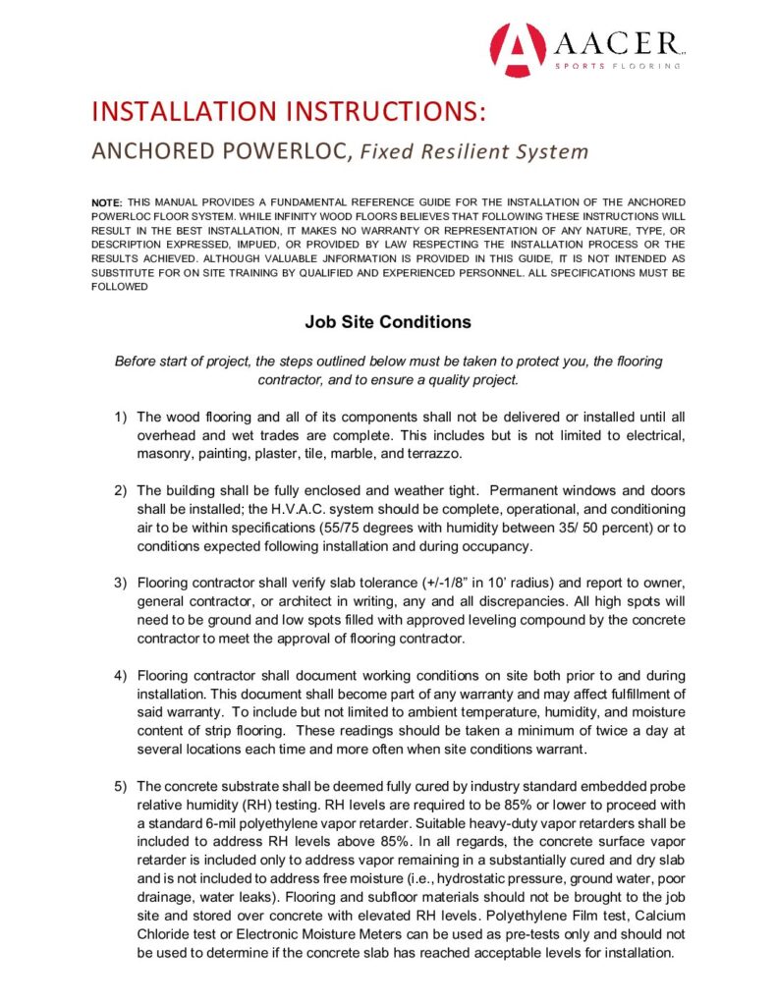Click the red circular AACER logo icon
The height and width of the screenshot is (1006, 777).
(517, 49)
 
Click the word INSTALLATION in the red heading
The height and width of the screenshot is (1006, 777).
(171, 110)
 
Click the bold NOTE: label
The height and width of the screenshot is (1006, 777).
(107, 201)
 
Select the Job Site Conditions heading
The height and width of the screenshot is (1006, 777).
(388, 322)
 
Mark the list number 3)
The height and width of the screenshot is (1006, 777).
(121, 583)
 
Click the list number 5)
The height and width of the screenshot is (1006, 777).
(121, 786)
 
